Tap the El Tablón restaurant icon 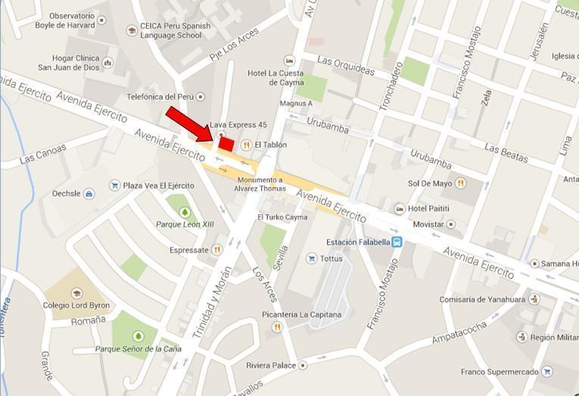tap(246, 145)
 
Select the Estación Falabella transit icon tap(397, 242)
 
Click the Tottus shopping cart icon tap(311, 258)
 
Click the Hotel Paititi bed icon tap(399, 208)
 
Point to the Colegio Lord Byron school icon tap(76, 294)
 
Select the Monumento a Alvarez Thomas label tap(260, 184)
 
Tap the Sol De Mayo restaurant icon tap(460, 183)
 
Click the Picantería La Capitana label tap(301, 314)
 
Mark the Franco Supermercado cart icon tap(546, 372)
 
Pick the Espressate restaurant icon tap(217, 249)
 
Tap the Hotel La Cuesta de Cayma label tap(275, 78)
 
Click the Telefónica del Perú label tap(160, 97)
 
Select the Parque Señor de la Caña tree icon tap(138, 336)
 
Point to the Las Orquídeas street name tap(346, 65)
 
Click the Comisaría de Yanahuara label tap(482, 299)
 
